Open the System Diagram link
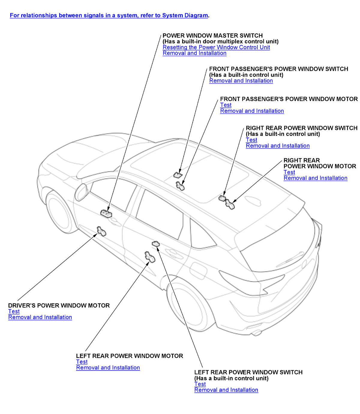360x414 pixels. (x=109, y=15)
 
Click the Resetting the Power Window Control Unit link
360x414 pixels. (x=216, y=47)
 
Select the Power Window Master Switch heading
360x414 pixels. (x=212, y=35)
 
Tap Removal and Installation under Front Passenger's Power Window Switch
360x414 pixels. (x=241, y=81)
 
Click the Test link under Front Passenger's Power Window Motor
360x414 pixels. (x=226, y=105)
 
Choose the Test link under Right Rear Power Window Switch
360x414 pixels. (x=251, y=140)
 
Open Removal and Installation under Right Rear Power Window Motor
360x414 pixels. (x=315, y=178)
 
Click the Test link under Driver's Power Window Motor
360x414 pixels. (x=14, y=311)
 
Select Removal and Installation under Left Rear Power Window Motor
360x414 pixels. (x=108, y=367)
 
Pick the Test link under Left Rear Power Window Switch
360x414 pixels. (x=200, y=384)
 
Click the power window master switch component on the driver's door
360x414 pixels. (x=106, y=213)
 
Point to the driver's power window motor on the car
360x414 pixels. (x=101, y=231)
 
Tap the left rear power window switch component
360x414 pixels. (x=156, y=244)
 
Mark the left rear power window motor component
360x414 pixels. (x=149, y=257)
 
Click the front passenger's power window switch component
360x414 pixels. (x=178, y=175)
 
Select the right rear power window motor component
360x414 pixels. (x=230, y=204)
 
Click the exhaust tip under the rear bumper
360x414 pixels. (x=257, y=332)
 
